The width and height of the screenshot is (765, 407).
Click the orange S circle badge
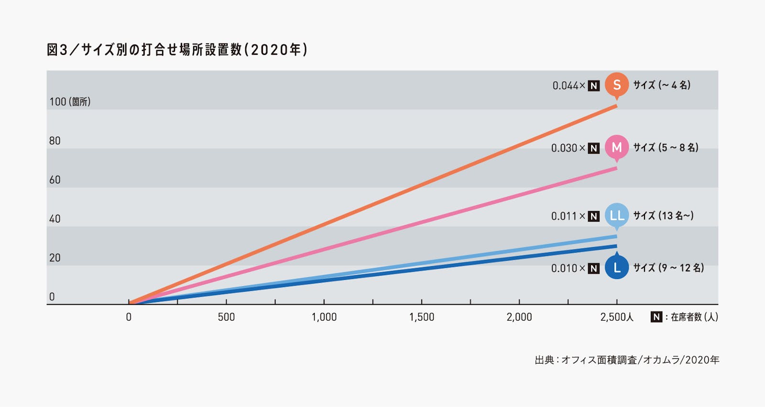[x=617, y=85]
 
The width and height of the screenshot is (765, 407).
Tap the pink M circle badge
[x=617, y=147]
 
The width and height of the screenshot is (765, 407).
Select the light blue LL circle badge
[x=617, y=215]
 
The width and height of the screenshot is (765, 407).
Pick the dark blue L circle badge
[x=617, y=268]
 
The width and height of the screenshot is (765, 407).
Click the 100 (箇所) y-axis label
[x=70, y=102]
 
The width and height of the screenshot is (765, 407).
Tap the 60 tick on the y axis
[x=55, y=180]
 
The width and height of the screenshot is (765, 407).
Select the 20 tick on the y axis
[x=55, y=258]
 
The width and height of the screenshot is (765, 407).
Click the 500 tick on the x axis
[x=226, y=317]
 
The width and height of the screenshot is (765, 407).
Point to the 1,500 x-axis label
[x=422, y=317]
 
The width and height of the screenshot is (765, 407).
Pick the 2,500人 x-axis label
[x=617, y=317]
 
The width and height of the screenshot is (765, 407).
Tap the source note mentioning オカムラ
[x=627, y=360]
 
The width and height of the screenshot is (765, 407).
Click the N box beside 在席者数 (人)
[x=656, y=317]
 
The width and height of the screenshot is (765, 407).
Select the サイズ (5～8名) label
[x=666, y=148]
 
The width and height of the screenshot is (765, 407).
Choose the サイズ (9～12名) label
[x=668, y=268]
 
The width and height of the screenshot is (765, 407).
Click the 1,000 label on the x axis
[x=324, y=317]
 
